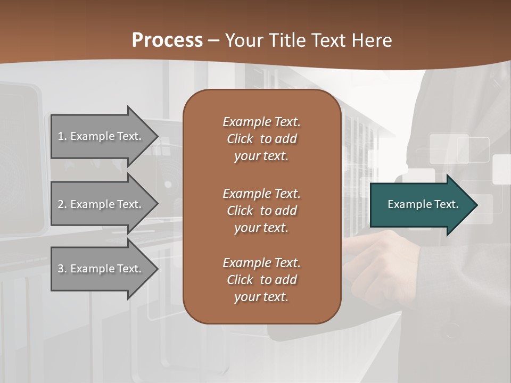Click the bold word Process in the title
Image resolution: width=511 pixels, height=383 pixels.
click(167, 40)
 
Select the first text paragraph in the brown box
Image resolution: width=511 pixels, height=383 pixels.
click(261, 139)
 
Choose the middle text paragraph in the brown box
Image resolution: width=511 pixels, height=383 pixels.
click(261, 211)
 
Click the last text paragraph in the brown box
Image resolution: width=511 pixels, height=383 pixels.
click(261, 280)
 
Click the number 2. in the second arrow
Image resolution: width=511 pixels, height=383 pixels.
click(62, 204)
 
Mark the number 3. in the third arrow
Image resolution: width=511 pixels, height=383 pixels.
click(62, 269)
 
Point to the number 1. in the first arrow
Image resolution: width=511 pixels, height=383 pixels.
click(62, 136)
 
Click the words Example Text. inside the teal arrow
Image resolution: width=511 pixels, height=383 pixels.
click(423, 204)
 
